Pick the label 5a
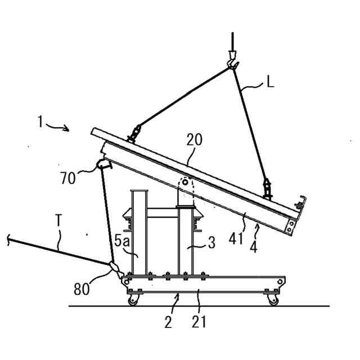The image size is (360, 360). pos(123,240)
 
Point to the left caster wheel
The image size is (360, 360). pos(133,300)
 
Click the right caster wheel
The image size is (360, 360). pos(273,300)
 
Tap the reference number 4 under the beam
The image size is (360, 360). pos(254,246)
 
